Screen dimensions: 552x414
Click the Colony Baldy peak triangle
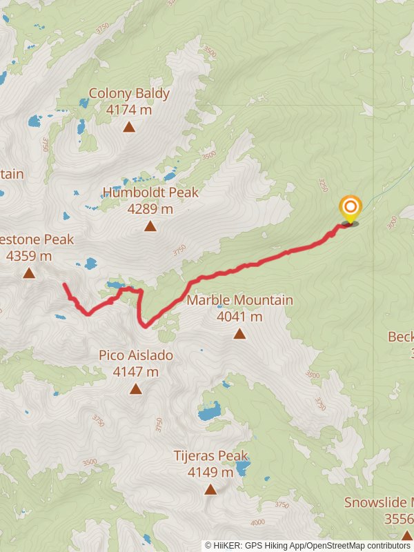tap(129, 126)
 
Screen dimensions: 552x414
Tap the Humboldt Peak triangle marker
tap(150, 226)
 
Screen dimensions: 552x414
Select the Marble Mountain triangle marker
tap(239, 334)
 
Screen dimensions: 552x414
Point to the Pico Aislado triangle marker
tap(135, 389)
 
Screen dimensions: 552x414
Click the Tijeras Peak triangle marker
tap(210, 490)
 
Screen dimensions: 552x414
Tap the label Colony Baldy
tap(129, 93)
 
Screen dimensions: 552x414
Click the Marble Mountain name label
tap(239, 300)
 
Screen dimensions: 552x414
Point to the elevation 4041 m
tap(239, 317)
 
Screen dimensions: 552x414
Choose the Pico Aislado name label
tap(135, 355)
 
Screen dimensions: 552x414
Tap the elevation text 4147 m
tap(135, 372)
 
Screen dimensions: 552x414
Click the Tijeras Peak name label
tap(210, 456)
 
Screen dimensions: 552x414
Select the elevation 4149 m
tap(210, 473)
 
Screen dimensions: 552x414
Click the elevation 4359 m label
tap(29, 256)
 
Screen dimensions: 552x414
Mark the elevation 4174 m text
tap(129, 109)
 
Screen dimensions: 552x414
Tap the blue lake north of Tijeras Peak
tap(209, 413)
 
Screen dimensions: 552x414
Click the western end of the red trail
tap(64, 284)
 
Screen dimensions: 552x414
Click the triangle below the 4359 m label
tap(29, 273)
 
